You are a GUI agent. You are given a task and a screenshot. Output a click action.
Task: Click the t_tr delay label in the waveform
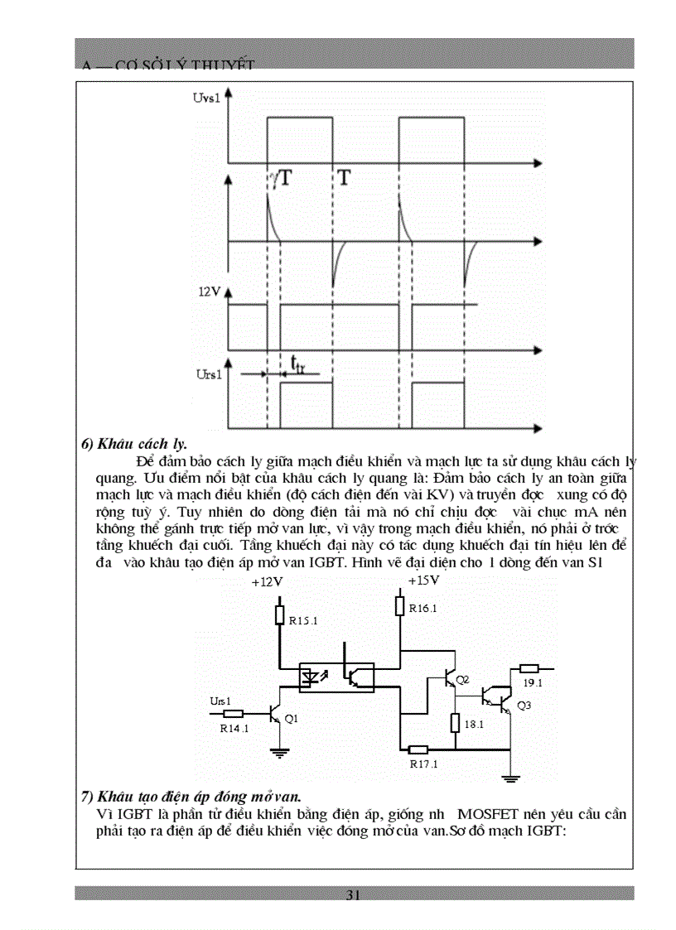[297, 364]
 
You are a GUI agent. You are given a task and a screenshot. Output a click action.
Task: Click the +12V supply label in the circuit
[267, 582]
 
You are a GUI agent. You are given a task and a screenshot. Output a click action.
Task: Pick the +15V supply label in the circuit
[423, 581]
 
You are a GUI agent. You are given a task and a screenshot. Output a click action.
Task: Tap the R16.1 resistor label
[422, 609]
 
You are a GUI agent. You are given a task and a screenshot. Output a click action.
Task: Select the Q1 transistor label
[291, 719]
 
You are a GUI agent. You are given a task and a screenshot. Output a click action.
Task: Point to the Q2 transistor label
[462, 680]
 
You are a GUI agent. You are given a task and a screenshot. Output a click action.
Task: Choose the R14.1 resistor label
[234, 729]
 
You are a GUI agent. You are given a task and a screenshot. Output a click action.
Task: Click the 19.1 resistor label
[533, 683]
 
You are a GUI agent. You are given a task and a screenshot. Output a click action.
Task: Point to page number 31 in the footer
[354, 894]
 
